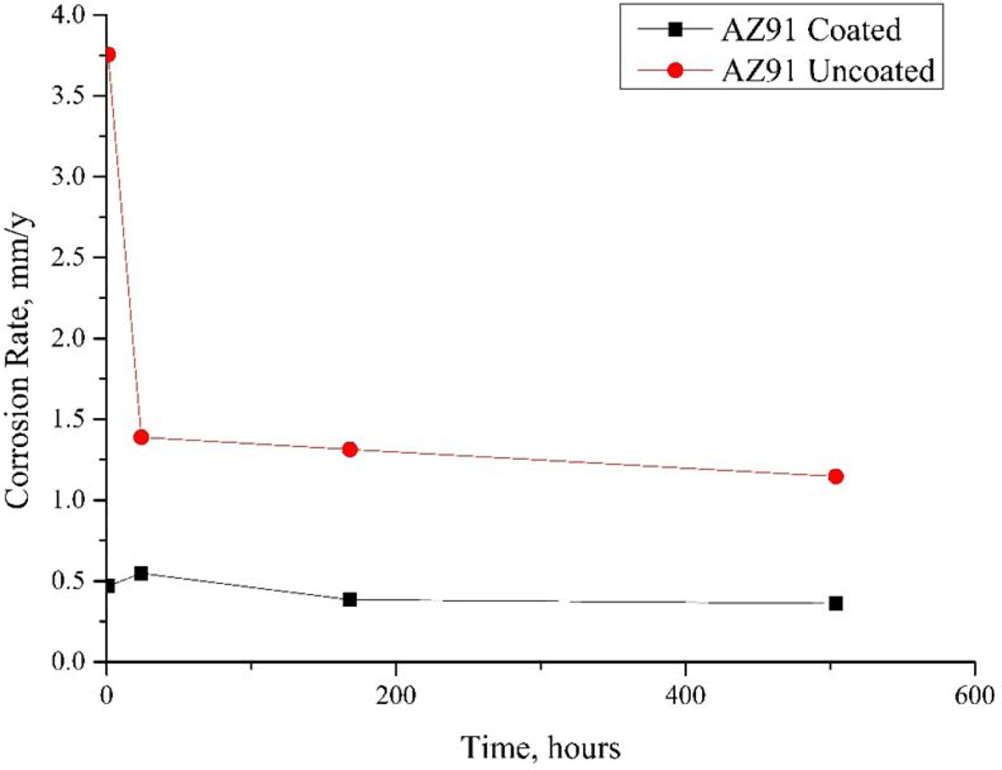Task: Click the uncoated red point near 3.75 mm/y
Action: (x=109, y=54)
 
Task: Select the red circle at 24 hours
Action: (x=142, y=437)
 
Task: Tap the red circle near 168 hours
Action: (x=350, y=449)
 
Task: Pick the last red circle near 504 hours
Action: (x=835, y=476)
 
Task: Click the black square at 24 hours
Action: (x=142, y=573)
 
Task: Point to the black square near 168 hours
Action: (x=350, y=599)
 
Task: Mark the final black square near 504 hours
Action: (x=835, y=603)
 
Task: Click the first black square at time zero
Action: (x=109, y=586)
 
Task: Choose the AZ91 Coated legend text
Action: (x=811, y=30)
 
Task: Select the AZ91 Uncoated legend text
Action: (x=828, y=71)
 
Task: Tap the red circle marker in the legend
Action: (x=675, y=71)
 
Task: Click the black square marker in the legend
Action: (x=675, y=30)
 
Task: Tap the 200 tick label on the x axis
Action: (x=396, y=695)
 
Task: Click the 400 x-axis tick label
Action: (x=685, y=695)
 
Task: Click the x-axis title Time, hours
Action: (x=541, y=748)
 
